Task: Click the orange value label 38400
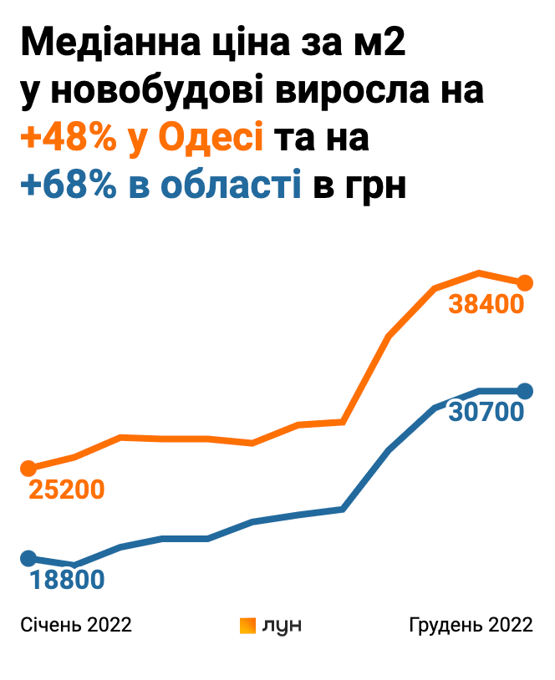coord(486,304)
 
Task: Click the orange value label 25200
coord(67,490)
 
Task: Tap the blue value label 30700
coord(486,411)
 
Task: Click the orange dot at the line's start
coord(28,468)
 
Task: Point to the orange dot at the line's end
coord(525,283)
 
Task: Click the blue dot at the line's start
coord(28,558)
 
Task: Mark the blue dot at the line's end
coord(525,390)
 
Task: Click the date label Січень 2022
coord(76,626)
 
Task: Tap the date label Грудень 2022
coord(471,626)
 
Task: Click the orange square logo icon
coord(247,626)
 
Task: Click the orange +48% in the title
coord(69,137)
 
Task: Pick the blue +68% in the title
coord(69,185)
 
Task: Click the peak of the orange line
coord(479,272)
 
